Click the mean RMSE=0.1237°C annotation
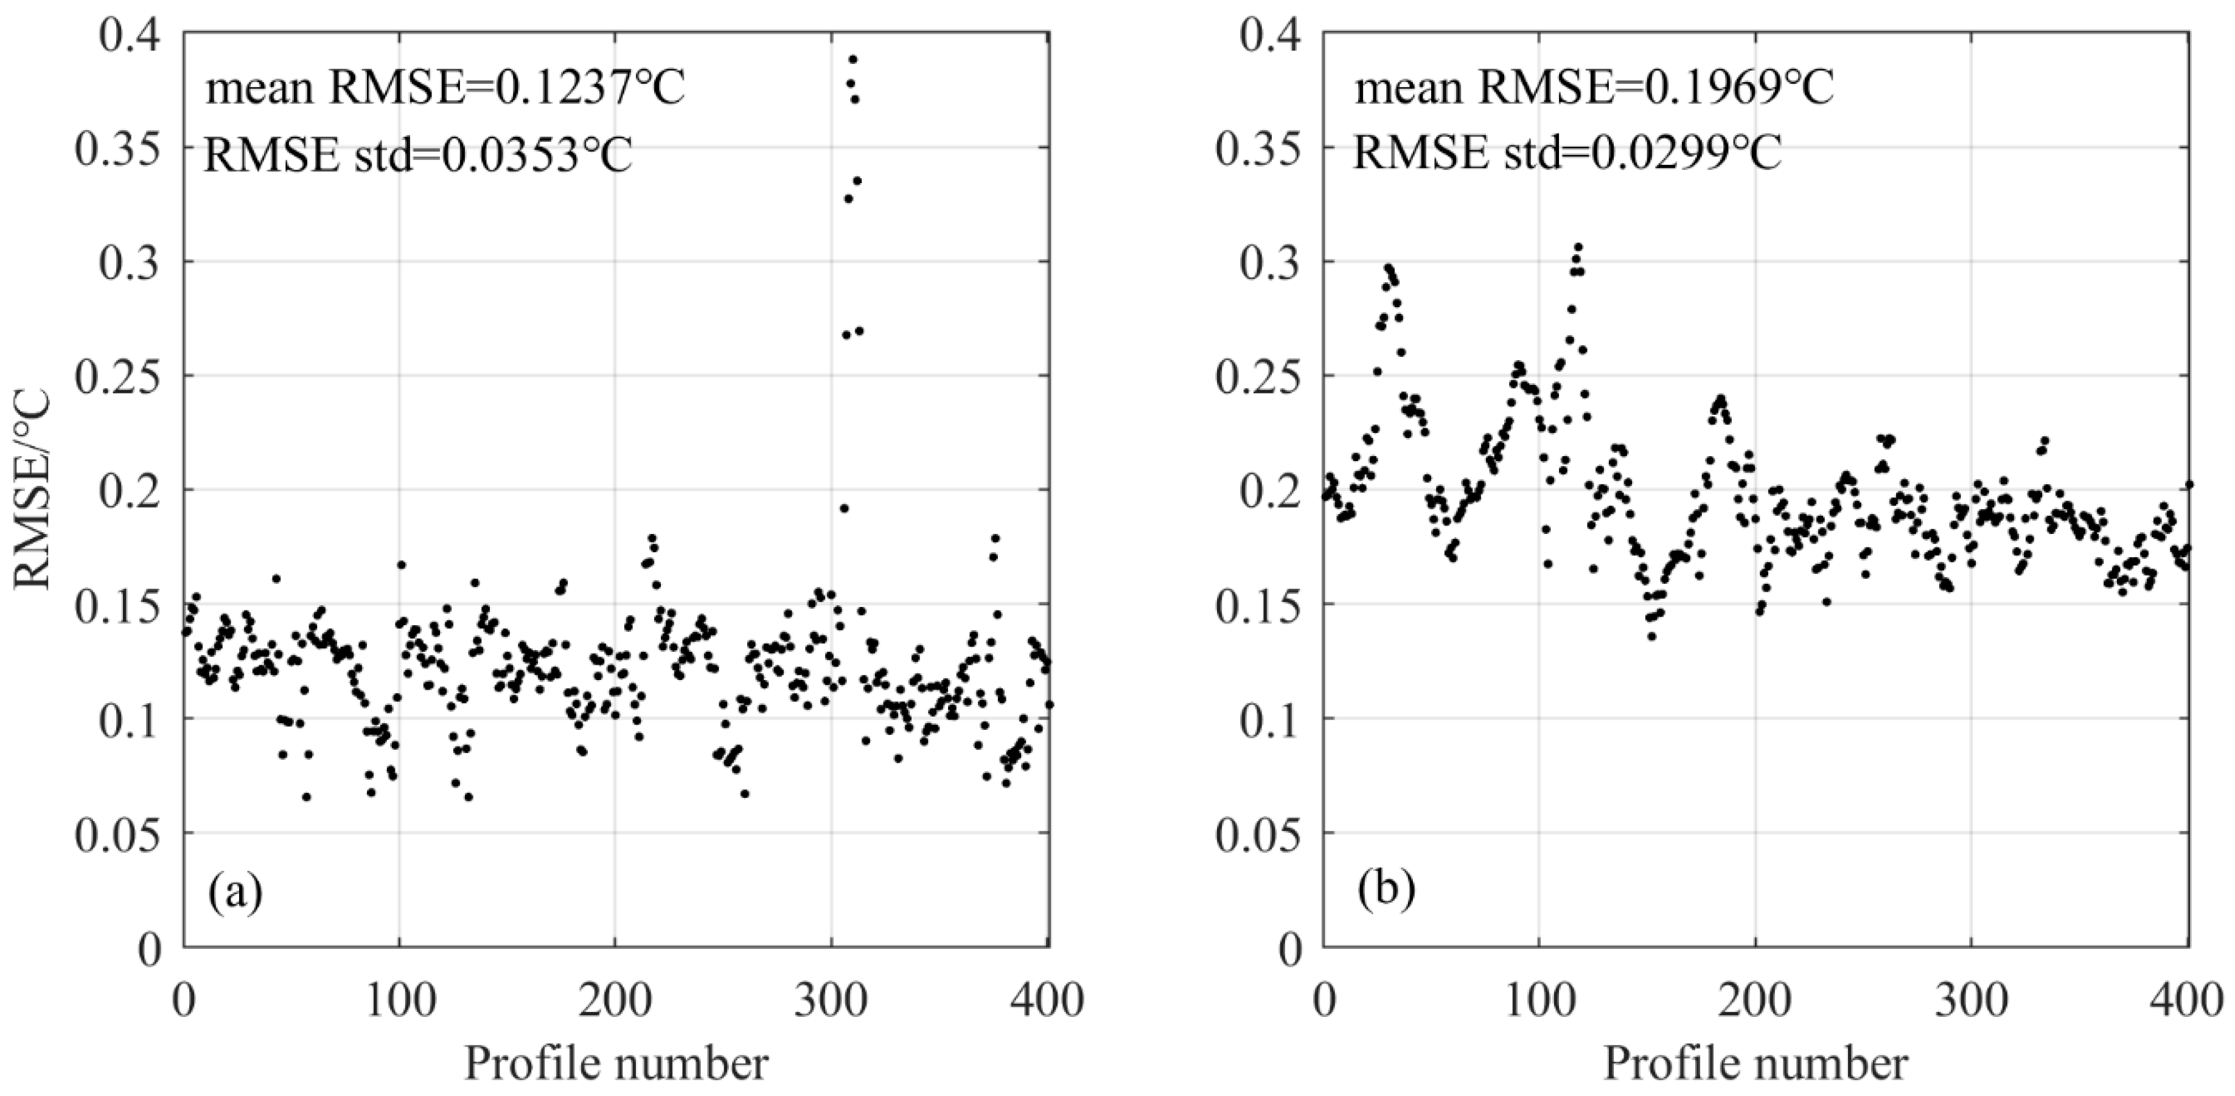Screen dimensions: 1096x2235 click(445, 88)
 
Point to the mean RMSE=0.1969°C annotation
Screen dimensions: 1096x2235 click(1594, 88)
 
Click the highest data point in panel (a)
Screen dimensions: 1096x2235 click(853, 60)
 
